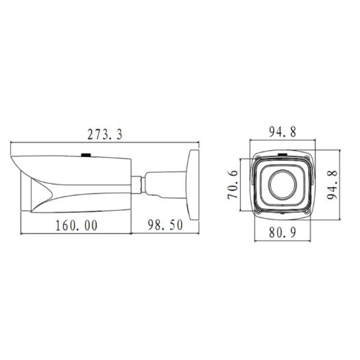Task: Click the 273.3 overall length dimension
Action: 105,135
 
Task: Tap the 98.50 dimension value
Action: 164,225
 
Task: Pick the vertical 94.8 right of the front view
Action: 335,184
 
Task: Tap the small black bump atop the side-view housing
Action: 86,154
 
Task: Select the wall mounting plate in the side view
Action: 191,179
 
